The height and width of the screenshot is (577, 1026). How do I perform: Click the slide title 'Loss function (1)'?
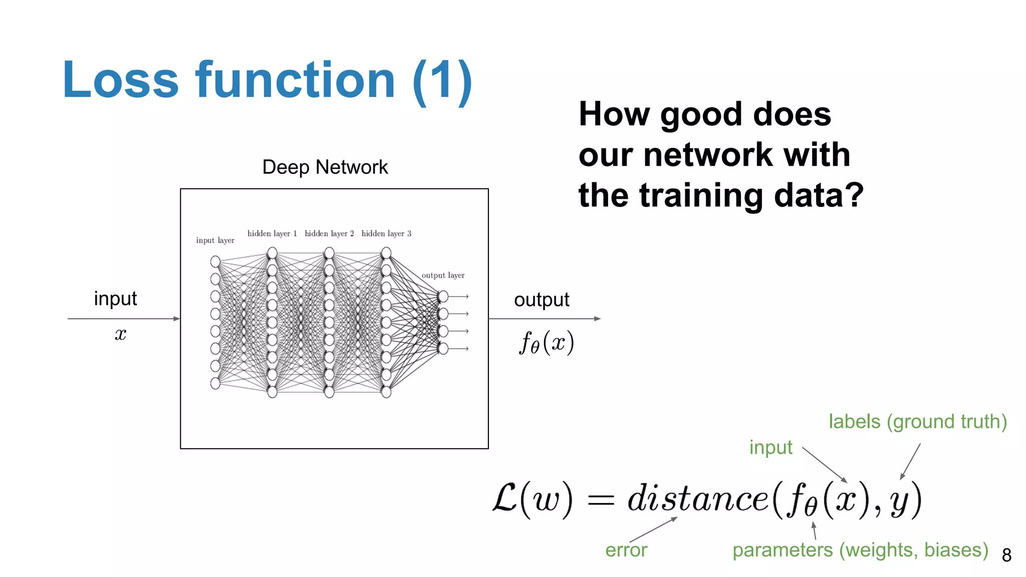pos(267,80)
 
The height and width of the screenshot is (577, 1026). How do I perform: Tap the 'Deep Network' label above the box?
pos(325,167)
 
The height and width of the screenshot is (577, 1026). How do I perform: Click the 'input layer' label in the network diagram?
pos(215,240)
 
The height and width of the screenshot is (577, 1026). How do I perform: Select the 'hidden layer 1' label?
pos(272,233)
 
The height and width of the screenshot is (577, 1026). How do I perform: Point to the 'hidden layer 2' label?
pos(329,233)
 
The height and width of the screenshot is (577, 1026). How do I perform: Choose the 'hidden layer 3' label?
pos(386,233)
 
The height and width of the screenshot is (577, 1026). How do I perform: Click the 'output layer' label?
pos(443,275)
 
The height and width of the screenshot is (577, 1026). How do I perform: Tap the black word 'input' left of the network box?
pos(115,299)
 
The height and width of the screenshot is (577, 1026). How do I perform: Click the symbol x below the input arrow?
pos(120,334)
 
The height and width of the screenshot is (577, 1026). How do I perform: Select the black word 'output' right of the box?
pos(542,300)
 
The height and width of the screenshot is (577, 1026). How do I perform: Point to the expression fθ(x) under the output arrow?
pos(546,343)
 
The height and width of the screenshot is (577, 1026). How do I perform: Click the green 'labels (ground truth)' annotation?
pos(917,422)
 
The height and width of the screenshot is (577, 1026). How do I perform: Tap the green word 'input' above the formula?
pos(771,447)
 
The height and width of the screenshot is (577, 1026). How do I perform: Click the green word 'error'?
pos(626,550)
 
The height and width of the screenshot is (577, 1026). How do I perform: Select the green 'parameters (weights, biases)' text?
pos(860,550)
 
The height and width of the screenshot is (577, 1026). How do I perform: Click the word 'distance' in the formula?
pos(697,499)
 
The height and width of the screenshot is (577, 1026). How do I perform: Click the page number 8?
pos(1006,555)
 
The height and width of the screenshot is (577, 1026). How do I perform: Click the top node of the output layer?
pos(443,297)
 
